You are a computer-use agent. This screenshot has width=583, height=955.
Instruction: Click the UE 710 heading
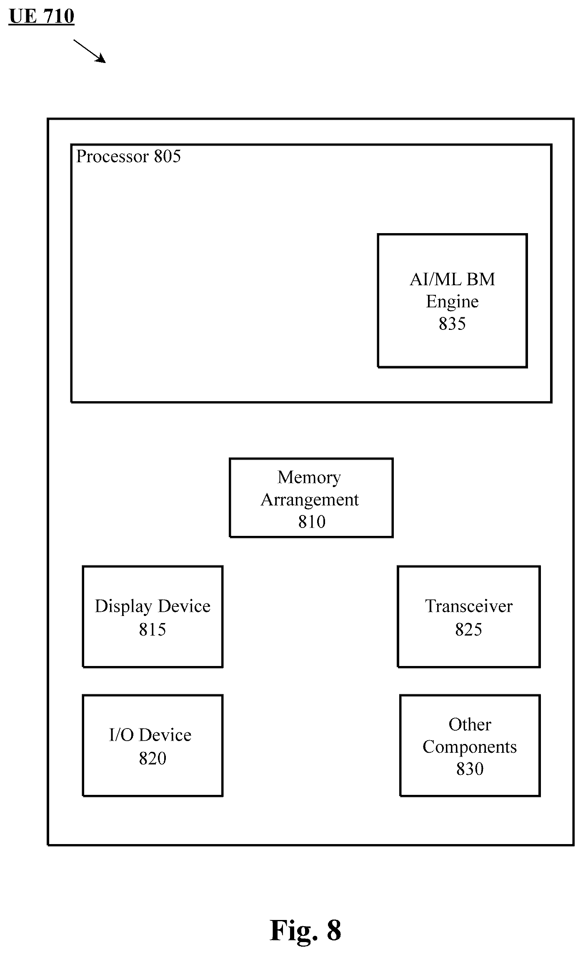[x=41, y=17]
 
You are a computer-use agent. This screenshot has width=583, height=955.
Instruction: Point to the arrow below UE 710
[x=90, y=51]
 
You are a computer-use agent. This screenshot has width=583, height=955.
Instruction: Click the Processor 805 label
[x=128, y=157]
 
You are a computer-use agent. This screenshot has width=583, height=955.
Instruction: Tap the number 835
[x=452, y=324]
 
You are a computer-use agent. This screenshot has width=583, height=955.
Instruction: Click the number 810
[x=312, y=522]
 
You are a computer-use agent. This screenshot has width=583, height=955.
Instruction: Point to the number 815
[x=153, y=629]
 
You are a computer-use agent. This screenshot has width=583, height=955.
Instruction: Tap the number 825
[x=468, y=629]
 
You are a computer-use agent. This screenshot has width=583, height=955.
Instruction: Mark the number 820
[x=153, y=758]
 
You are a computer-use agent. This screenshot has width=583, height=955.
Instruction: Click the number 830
[x=470, y=769]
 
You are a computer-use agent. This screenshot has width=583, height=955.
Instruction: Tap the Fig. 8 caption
[x=305, y=930]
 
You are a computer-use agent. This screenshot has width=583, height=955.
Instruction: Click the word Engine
[x=452, y=302]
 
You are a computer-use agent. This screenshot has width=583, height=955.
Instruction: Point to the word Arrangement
[x=310, y=500]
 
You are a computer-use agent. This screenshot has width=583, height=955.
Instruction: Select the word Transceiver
[x=469, y=606]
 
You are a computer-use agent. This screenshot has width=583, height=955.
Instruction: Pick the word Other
[x=470, y=724]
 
